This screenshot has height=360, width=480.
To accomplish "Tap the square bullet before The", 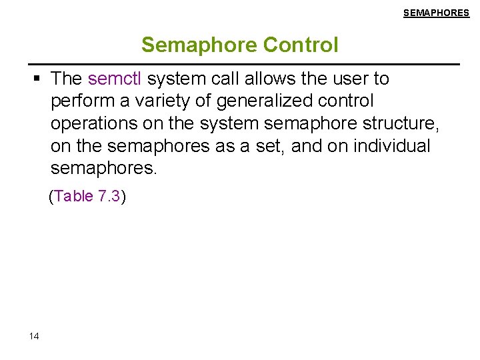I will [x=38, y=79].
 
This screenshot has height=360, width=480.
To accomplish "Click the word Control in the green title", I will [x=301, y=45].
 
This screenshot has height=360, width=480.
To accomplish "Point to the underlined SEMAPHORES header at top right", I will [x=436, y=13].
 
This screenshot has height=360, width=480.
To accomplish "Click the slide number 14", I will [x=34, y=336].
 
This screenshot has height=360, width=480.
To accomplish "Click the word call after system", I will [x=229, y=79].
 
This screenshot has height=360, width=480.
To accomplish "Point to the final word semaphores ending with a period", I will [x=103, y=169].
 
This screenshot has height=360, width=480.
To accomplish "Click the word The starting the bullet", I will [x=66, y=79].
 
